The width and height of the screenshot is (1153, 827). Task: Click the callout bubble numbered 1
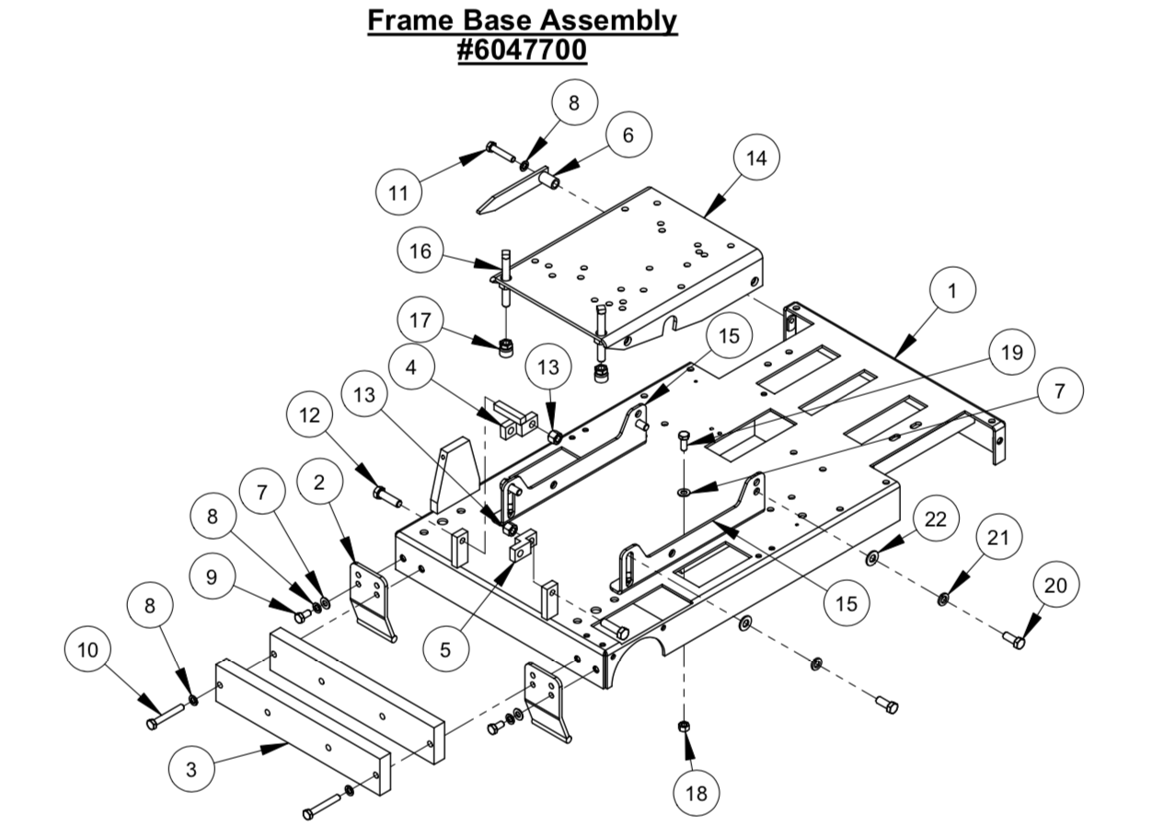click(x=952, y=291)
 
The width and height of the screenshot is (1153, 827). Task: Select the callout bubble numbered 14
click(x=755, y=157)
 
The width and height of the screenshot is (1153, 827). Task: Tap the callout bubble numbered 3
click(x=191, y=770)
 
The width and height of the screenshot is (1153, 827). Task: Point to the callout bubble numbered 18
click(x=697, y=793)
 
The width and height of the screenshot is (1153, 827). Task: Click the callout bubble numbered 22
click(x=934, y=519)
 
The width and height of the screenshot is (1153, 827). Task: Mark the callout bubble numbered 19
click(x=1011, y=352)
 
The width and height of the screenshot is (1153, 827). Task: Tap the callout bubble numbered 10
click(x=87, y=649)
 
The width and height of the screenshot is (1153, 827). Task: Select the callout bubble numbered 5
click(x=445, y=649)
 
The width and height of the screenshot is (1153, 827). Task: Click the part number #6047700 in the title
click(x=522, y=50)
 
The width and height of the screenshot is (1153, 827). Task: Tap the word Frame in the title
click(x=409, y=19)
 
